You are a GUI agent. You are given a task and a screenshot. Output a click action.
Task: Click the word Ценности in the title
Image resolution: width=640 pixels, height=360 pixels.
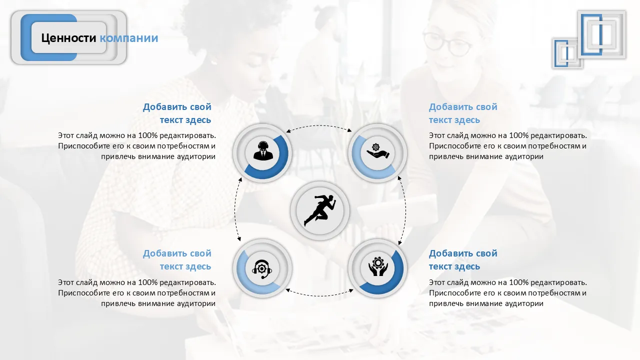(68, 38)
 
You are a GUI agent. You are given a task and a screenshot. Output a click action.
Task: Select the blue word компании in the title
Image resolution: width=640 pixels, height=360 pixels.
(129, 38)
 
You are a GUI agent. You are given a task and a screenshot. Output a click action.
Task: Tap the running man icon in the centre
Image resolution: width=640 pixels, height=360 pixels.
(319, 210)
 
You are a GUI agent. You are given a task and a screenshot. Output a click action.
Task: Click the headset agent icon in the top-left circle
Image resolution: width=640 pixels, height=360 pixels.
(263, 151)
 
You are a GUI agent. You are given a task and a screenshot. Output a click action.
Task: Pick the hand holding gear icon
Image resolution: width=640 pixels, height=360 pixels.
(377, 151)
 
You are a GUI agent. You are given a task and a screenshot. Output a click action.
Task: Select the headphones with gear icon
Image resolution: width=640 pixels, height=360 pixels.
(262, 269)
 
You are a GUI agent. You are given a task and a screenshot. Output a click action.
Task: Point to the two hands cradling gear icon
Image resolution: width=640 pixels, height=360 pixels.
(377, 266)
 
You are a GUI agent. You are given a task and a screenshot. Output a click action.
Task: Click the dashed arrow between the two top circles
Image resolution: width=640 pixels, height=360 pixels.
(319, 125)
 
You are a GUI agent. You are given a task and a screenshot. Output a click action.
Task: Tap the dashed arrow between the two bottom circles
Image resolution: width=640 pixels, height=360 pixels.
(319, 295)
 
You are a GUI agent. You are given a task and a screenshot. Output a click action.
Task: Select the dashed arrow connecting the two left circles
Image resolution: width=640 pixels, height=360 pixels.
(235, 209)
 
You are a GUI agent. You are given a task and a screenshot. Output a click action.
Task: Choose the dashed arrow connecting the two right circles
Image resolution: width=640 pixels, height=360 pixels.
(405, 210)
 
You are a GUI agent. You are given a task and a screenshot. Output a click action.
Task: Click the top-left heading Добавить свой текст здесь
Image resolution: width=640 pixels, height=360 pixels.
(177, 113)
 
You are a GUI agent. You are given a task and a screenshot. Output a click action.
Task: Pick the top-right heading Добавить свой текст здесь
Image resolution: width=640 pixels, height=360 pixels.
(463, 113)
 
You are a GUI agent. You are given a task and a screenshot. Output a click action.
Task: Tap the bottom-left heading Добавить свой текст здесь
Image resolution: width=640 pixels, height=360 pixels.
(177, 259)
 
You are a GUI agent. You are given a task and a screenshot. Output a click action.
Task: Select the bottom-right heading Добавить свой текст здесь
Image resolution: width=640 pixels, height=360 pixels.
(463, 259)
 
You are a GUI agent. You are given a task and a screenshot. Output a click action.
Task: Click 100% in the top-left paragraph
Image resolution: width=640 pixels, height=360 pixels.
(147, 135)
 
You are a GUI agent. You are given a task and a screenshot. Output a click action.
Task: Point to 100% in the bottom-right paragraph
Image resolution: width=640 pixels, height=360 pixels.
(519, 282)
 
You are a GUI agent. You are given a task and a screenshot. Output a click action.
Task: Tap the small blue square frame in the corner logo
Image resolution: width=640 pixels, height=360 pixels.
(561, 53)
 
